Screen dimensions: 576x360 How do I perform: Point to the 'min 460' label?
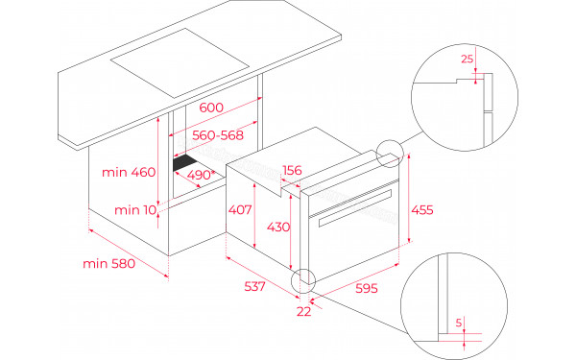click(128, 173)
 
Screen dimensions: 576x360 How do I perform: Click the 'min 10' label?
click(134, 209)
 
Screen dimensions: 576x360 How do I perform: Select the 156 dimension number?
click(292, 171)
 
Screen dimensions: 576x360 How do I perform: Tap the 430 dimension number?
click(276, 227)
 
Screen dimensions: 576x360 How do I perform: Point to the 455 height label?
click(422, 210)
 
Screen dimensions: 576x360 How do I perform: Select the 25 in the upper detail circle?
click(467, 60)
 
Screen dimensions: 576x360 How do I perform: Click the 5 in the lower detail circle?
click(460, 323)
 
